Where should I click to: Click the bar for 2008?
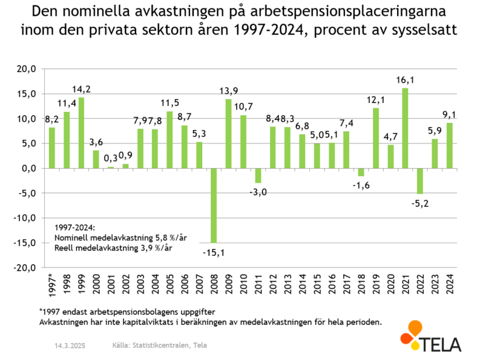coord(214,205)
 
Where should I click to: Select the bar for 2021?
coord(405,128)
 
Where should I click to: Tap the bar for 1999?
coord(81,133)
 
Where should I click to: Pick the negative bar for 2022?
coord(420,181)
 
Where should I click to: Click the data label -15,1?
coord(214,252)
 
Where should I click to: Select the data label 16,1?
coord(405,80)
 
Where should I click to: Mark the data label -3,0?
coord(258,192)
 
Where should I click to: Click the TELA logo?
coord(430,336)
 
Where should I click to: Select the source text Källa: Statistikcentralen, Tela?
coord(159,345)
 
